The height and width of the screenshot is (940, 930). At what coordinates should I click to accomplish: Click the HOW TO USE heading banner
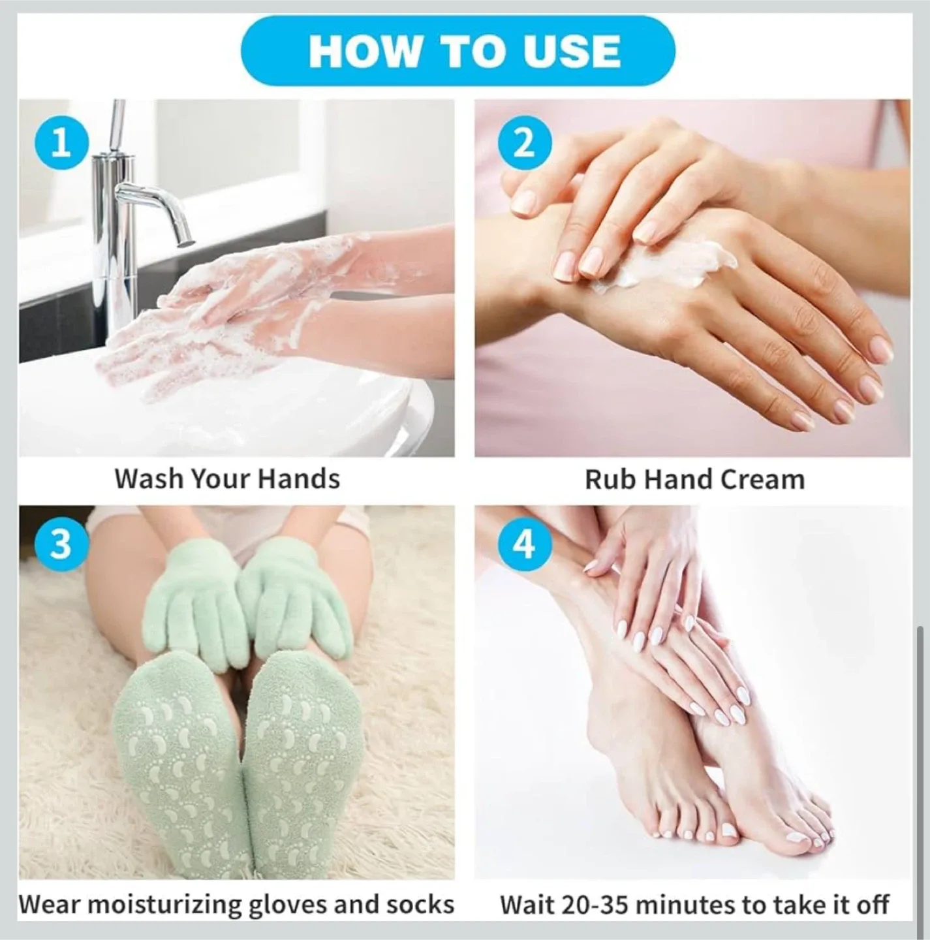(464, 51)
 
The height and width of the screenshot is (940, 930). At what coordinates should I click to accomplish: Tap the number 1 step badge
(61, 143)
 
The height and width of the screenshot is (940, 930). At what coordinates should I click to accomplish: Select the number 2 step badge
(524, 143)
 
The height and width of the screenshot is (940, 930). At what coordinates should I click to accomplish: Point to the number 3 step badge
(61, 542)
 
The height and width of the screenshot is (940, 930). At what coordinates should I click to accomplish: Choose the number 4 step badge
(524, 542)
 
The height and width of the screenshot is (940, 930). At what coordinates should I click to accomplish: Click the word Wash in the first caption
(148, 478)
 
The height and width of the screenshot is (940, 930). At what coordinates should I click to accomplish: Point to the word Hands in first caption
(298, 478)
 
